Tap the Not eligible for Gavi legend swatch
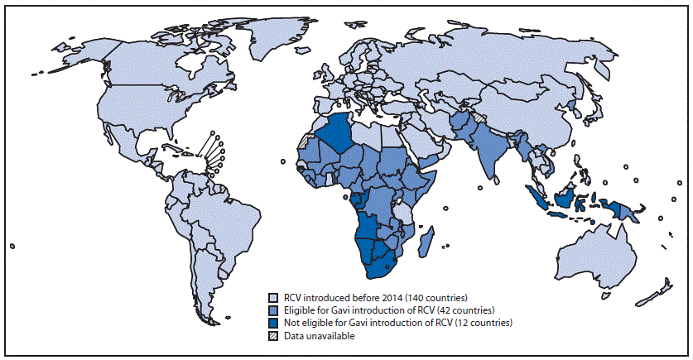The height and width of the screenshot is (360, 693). (272, 322)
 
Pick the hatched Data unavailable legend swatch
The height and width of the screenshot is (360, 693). (272, 335)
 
